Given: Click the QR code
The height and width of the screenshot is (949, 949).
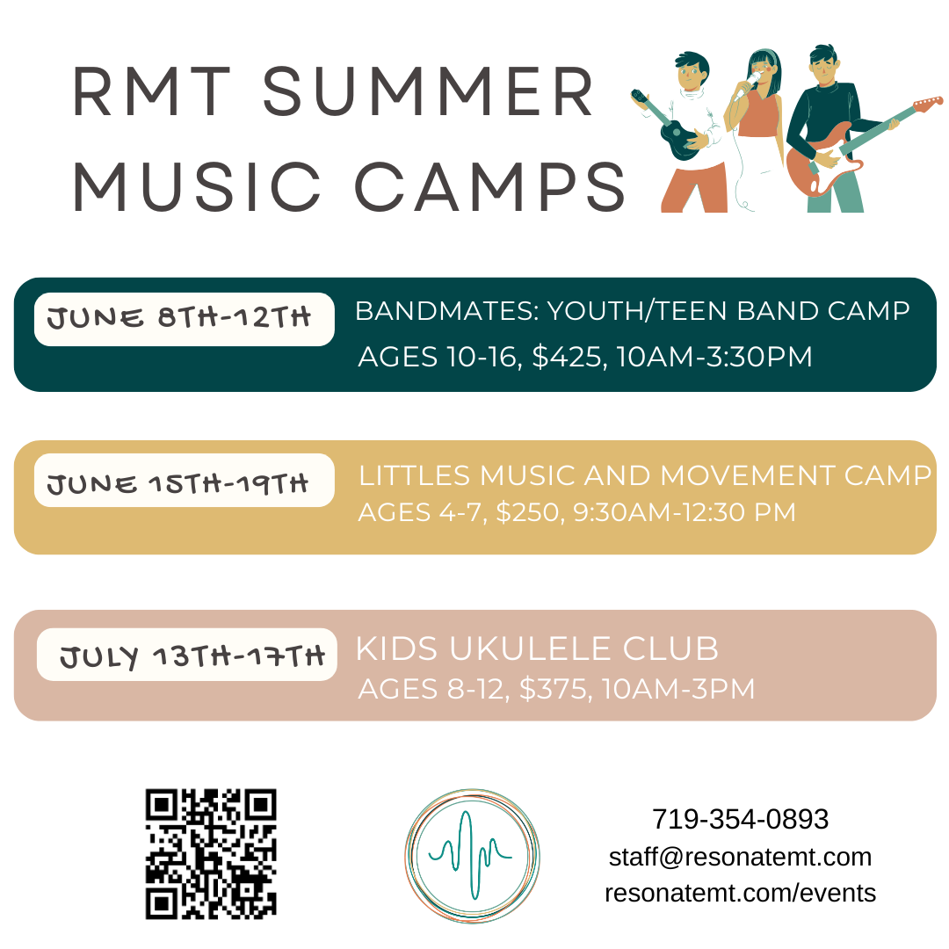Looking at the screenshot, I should pyautogui.click(x=211, y=853).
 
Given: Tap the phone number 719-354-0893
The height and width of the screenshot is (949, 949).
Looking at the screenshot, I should pyautogui.click(x=740, y=819).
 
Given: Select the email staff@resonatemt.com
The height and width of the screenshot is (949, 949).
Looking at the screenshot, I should pyautogui.click(x=740, y=857).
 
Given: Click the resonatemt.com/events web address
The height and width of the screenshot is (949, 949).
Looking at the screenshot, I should pyautogui.click(x=740, y=894).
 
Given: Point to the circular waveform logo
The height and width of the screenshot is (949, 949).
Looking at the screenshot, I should pyautogui.click(x=472, y=855).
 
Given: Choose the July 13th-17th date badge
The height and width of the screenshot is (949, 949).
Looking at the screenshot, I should pyautogui.click(x=187, y=655).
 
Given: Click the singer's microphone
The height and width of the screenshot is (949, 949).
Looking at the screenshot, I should pyautogui.click(x=743, y=88).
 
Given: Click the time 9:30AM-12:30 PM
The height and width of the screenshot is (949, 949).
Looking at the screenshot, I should pyautogui.click(x=672, y=511).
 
